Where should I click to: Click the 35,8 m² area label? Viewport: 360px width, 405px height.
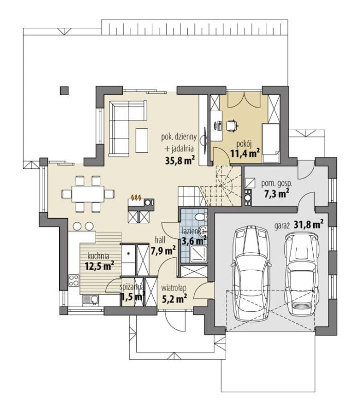pos(180,160)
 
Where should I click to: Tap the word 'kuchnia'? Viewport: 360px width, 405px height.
pos(98,256)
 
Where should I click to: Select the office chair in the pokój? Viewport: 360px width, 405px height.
pos(232,126)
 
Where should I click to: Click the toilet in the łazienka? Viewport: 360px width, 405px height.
pos(201,217)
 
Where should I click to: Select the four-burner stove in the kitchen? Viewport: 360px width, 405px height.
pos(74,280)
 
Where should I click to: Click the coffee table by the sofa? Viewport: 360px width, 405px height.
pos(142,140)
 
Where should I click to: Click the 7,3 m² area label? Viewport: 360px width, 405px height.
pos(276,193)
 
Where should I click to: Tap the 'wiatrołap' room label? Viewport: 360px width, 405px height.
pos(174,288)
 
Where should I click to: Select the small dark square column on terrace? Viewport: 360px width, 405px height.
pos(64,90)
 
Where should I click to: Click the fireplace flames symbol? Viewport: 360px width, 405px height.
pos(136,198)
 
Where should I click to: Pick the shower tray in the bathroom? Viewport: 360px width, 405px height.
pos(199,254)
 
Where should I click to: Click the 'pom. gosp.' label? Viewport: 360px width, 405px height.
pos(277,184)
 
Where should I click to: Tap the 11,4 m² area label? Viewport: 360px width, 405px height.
pos(245,153)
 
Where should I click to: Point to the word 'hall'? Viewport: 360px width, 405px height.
pos(160,240)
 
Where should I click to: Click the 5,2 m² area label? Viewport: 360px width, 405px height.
pos(174,298)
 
